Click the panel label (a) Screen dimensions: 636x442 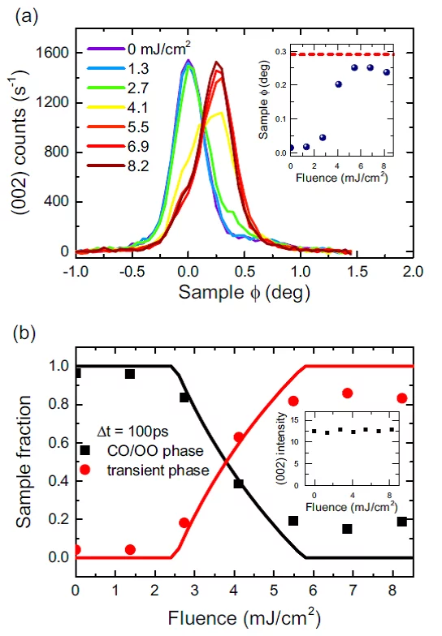point(24,14)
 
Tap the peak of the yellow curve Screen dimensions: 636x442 point(220,113)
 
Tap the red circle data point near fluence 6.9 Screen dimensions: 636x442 point(348,393)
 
